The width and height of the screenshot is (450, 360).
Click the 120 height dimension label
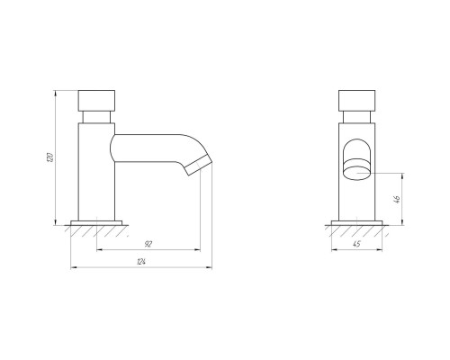pos(50,157)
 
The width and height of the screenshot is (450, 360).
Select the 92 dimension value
pos(148,244)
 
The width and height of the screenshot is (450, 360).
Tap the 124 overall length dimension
pos(141,262)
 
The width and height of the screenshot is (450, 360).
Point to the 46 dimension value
pos(397,199)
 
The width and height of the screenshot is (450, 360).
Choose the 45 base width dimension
pos(356,244)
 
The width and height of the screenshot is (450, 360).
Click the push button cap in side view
pos(96,101)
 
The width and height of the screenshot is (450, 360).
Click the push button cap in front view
pos(356,101)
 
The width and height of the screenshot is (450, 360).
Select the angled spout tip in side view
pos(198,165)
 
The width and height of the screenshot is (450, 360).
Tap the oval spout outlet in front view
pos(356,174)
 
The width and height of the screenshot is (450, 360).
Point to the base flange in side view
pos(96,222)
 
